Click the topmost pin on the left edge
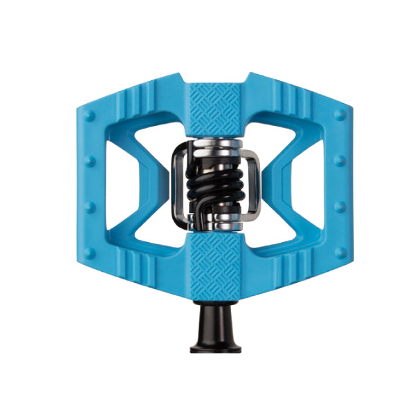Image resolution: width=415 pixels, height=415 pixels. pyautogui.click(x=89, y=113)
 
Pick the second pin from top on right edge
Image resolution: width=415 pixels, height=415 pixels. pyautogui.click(x=339, y=160)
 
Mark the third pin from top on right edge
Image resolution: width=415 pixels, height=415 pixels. pyautogui.click(x=339, y=206)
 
